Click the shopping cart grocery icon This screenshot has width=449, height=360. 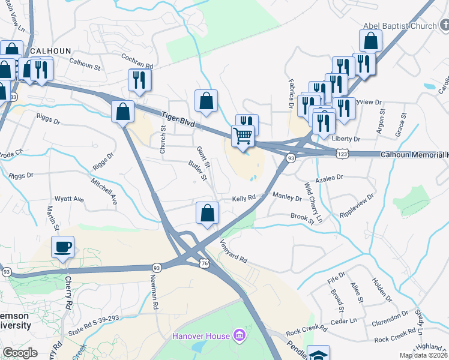coord(243,135)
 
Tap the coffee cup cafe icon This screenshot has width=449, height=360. coord(62,247)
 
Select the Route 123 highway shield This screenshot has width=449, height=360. coord(341,154)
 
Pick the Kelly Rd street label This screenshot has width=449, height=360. coord(244,197)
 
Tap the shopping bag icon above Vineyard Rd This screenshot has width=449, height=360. coord(207,213)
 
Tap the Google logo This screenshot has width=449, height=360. coord(20,353)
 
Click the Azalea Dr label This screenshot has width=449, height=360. coord(331,178)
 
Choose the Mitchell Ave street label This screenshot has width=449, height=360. coord(104,189)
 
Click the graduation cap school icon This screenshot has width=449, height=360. coord(318,353)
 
